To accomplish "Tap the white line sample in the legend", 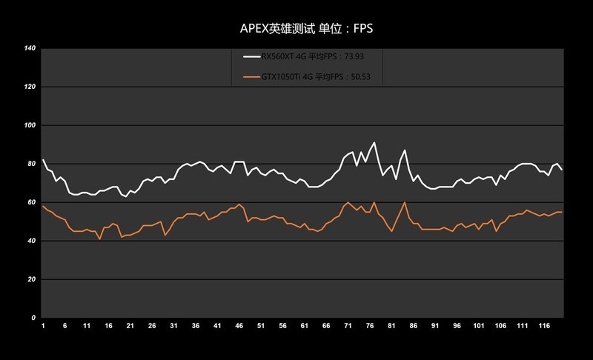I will [x=251, y=56].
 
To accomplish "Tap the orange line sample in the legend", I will [x=251, y=76].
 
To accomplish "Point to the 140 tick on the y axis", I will [x=30, y=49].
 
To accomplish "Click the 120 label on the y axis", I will [x=30, y=87].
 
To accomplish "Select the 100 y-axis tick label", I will [x=30, y=126].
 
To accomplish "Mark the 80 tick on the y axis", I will [x=32, y=164].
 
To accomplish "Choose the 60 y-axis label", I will [x=32, y=202].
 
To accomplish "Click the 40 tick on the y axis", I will [x=32, y=241].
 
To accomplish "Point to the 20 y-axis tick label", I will [x=32, y=279].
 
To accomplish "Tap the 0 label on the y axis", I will [x=34, y=318].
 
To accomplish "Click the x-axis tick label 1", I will [x=44, y=326].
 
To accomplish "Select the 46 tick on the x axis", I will [x=239, y=326].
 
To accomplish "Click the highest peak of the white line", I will [x=374, y=143].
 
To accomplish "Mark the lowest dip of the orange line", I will [x=99, y=239].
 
